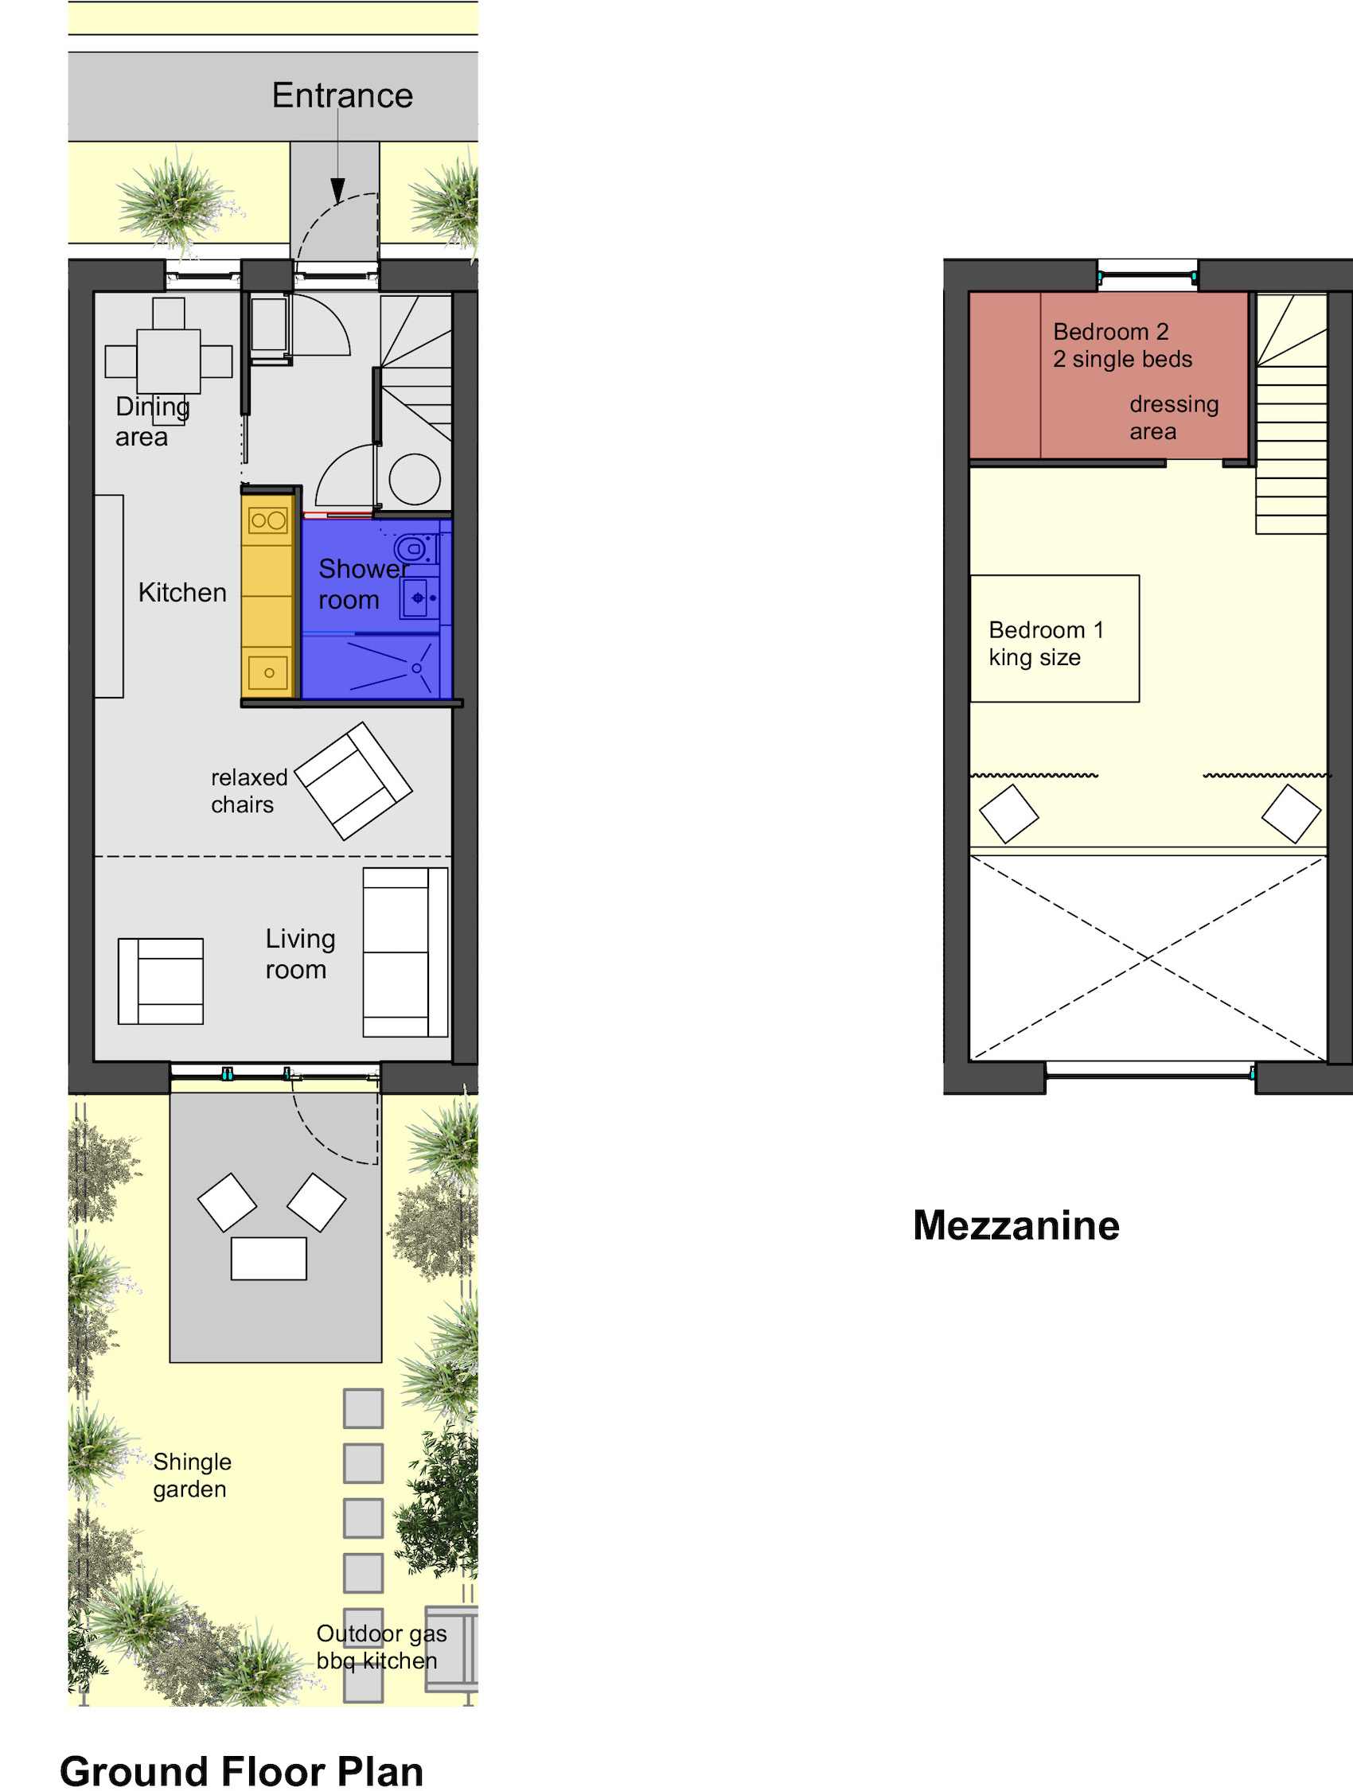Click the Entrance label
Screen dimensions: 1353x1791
pos(342,95)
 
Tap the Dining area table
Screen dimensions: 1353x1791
pos(169,361)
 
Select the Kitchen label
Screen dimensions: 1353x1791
pos(182,593)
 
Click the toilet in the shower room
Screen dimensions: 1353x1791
pos(415,549)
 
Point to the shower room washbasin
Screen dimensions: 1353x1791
pos(419,598)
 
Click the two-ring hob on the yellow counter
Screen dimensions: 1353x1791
pos(268,520)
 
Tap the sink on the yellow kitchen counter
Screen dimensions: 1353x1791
pos(268,672)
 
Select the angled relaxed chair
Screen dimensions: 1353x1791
pos(353,781)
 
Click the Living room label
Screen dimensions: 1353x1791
pos(299,954)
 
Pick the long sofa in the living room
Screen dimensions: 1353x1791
pos(405,952)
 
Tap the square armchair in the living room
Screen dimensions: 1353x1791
pos(160,981)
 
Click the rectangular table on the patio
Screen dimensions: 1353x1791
pos(269,1258)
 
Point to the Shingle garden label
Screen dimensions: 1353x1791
pos(192,1475)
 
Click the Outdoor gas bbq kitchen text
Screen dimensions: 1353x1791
pos(381,1647)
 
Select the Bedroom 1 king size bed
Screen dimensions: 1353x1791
pos(1055,638)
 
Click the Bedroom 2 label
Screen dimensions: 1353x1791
pos(1111,332)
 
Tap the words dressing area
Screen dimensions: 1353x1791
pos(1174,418)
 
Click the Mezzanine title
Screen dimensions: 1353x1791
pos(1016,1225)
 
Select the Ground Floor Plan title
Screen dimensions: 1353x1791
pos(241,1771)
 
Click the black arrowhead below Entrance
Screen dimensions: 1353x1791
pos(337,190)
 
